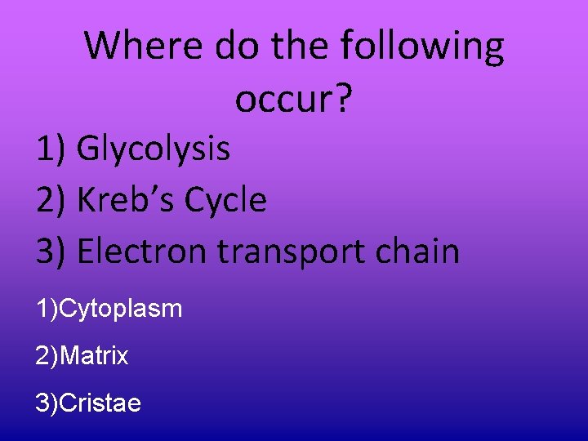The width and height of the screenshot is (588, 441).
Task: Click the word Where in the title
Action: coord(145,47)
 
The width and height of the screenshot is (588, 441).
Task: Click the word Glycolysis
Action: coord(154,149)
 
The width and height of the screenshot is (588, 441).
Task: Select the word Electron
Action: coord(142,251)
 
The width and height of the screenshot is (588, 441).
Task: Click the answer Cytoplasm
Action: coord(121,310)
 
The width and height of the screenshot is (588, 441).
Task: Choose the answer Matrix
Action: coord(94,356)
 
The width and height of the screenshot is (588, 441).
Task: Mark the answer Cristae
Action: coord(100,403)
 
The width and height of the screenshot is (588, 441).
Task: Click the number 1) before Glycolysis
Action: coord(51,149)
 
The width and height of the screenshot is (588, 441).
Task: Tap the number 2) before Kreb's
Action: coord(51,200)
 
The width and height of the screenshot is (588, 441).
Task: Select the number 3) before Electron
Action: coord(51,251)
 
